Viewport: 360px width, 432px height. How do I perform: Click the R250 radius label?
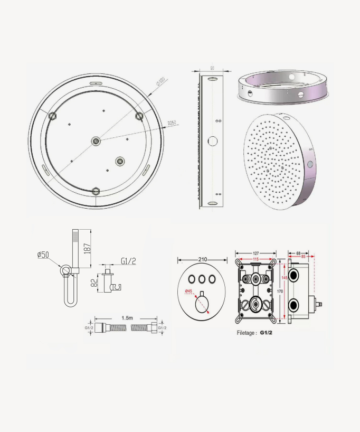[172, 124]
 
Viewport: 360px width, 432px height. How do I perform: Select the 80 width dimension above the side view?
[212, 68]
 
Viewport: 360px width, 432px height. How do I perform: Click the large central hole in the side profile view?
[213, 141]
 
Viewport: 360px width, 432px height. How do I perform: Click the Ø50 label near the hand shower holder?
[43, 255]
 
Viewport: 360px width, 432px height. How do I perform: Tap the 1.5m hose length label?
[127, 318]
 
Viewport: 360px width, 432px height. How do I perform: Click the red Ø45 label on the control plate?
[188, 292]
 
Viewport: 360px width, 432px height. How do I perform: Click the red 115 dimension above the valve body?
[256, 259]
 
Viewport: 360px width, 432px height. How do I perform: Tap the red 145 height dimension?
[285, 278]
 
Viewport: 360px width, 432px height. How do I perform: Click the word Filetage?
[246, 333]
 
